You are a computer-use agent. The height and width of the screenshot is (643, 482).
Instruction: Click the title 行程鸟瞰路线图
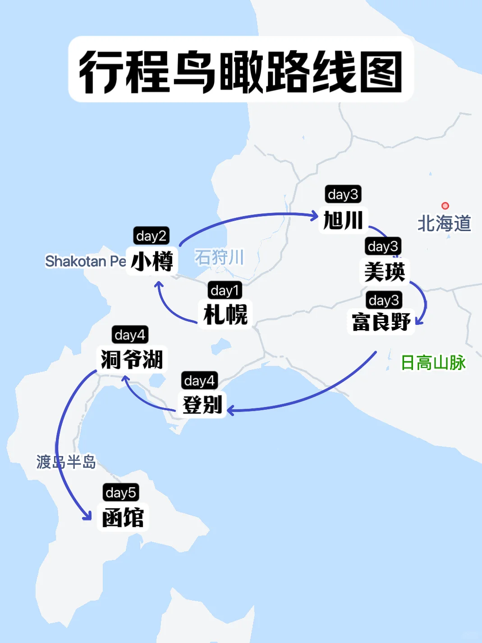pyautogui.click(x=241, y=71)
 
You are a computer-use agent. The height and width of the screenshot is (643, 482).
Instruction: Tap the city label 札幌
pyautogui.click(x=225, y=314)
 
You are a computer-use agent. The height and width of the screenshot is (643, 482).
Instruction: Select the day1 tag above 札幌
pyautogui.click(x=225, y=290)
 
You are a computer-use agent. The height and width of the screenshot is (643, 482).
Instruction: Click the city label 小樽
pyautogui.click(x=152, y=261)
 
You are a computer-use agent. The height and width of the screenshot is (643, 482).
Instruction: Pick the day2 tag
pyautogui.click(x=151, y=236)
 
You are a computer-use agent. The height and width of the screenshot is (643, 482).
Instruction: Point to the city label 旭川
pyautogui.click(x=343, y=220)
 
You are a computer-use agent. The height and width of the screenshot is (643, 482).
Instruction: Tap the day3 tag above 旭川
pyautogui.click(x=343, y=194)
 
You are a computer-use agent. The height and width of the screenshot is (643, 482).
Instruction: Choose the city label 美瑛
pyautogui.click(x=385, y=272)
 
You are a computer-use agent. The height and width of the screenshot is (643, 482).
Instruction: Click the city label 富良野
pyautogui.click(x=381, y=322)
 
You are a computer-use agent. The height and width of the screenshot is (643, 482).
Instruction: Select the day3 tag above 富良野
pyautogui.click(x=383, y=300)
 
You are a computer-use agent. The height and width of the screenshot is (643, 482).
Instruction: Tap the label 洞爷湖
pyautogui.click(x=132, y=359)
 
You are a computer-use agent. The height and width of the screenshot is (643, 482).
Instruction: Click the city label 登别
pyautogui.click(x=202, y=404)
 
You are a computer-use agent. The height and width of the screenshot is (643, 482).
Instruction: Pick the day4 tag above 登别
pyautogui.click(x=199, y=381)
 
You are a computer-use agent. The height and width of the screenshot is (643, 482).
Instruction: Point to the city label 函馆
pyautogui.click(x=123, y=517)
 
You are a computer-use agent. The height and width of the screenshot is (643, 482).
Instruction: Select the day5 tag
pyautogui.click(x=120, y=492)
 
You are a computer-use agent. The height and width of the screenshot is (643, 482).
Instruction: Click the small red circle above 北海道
pyautogui.click(x=445, y=206)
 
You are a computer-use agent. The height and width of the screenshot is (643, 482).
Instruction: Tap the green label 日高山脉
pyautogui.click(x=433, y=362)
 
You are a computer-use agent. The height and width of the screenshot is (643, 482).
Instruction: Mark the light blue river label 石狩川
pyautogui.click(x=219, y=257)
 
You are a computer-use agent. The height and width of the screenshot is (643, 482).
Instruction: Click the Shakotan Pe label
pyautogui.click(x=85, y=261)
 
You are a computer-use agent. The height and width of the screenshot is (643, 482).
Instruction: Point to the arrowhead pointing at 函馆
pyautogui.click(x=87, y=516)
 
